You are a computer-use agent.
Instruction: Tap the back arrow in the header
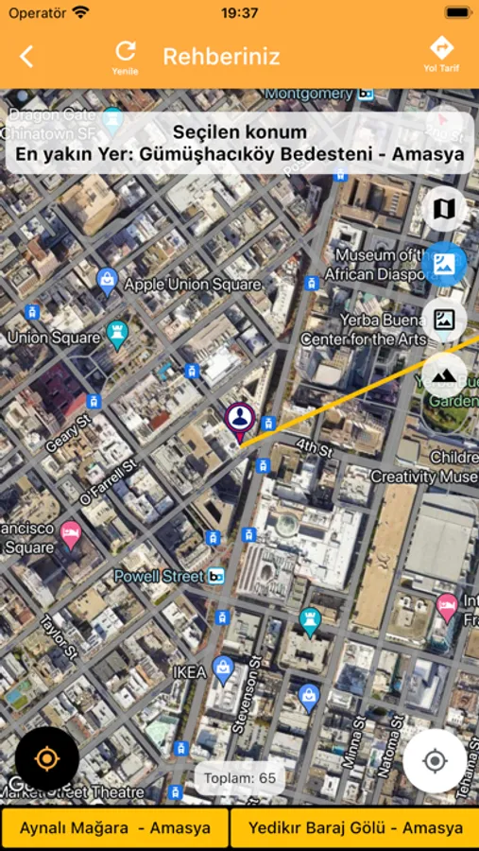pyautogui.click(x=26, y=57)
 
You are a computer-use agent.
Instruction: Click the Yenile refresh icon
pyautogui.click(x=126, y=52)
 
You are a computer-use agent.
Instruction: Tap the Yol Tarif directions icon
pyautogui.click(x=441, y=49)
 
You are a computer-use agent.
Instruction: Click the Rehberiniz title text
pyautogui.click(x=221, y=57)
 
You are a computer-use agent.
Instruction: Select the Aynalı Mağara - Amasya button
pyautogui.click(x=115, y=827)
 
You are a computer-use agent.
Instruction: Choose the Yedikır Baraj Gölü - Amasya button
pyautogui.click(x=355, y=827)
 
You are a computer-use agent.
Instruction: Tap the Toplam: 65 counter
pyautogui.click(x=241, y=778)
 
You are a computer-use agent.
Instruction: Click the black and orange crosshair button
pyautogui.click(x=46, y=758)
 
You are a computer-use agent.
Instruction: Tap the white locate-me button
pyautogui.click(x=435, y=760)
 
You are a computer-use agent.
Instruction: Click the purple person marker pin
pyautogui.click(x=240, y=419)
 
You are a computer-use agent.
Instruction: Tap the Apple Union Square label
pyautogui.click(x=192, y=284)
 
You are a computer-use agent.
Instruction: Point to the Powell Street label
pyautogui.click(x=158, y=576)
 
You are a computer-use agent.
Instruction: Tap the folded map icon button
pyautogui.click(x=444, y=209)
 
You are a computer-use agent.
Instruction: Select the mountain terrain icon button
pyautogui.click(x=444, y=375)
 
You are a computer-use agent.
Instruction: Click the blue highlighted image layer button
pyautogui.click(x=444, y=265)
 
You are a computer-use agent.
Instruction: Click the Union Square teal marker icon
pyautogui.click(x=118, y=333)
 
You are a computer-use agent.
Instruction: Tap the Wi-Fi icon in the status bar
pyautogui.click(x=81, y=13)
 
